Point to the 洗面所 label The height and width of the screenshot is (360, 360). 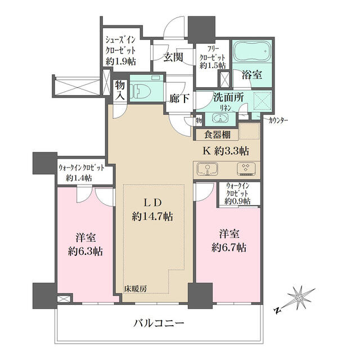228,97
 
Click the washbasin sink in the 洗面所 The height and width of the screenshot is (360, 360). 220,118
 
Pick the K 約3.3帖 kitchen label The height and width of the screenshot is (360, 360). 226,151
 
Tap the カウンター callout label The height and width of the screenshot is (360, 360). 280,119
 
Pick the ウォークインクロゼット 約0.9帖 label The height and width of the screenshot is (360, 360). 238,192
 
